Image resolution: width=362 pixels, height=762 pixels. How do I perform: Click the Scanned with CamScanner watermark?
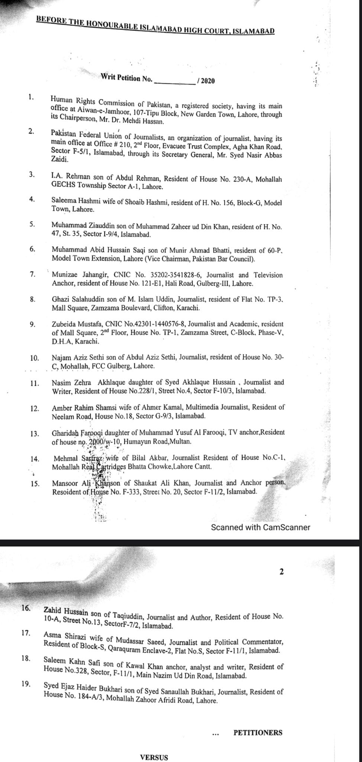(260, 527)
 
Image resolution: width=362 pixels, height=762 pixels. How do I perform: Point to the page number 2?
(281, 572)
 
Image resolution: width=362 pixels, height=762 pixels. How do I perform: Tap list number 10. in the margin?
(35, 358)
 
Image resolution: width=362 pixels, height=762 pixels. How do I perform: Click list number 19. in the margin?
(26, 683)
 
